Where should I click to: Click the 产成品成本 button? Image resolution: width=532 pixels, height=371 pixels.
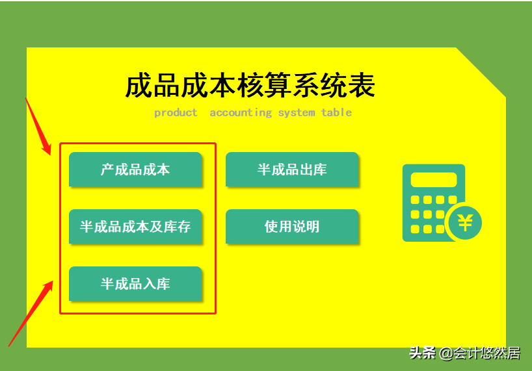(x=135, y=170)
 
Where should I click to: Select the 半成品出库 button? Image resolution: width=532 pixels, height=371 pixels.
(x=292, y=170)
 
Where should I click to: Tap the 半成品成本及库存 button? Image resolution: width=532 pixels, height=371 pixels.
(x=135, y=227)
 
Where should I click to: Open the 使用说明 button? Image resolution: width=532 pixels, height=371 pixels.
(x=292, y=227)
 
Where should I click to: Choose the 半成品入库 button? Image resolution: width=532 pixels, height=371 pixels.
(x=135, y=284)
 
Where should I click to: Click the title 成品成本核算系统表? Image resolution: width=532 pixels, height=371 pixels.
(x=250, y=86)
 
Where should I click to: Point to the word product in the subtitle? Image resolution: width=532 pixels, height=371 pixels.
(x=176, y=112)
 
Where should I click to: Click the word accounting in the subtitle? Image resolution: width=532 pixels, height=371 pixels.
(x=241, y=112)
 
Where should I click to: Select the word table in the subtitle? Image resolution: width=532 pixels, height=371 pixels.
(x=336, y=112)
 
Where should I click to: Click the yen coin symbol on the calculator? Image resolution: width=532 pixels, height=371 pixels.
(x=464, y=223)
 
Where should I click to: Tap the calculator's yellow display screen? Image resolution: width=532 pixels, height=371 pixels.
(x=434, y=180)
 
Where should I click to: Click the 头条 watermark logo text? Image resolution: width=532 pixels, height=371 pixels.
(x=422, y=353)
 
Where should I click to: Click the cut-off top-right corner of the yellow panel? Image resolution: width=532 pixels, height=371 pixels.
(x=482, y=71)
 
